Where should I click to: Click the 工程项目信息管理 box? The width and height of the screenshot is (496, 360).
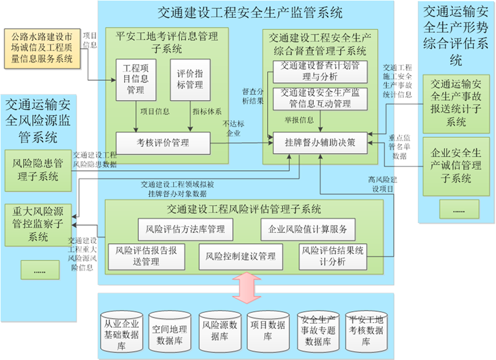(x=136, y=80)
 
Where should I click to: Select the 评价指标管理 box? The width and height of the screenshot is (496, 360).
(x=190, y=80)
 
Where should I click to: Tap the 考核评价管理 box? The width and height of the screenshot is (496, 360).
(x=163, y=143)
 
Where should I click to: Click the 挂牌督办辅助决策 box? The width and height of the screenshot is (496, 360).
(x=320, y=143)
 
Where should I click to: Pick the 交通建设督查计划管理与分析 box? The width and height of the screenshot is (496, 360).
(x=320, y=72)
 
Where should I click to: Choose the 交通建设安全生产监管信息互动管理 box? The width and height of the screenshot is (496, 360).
(x=320, y=99)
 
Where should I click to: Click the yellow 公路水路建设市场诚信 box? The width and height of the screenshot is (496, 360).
(x=42, y=48)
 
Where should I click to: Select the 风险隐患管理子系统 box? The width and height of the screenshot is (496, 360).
(x=38, y=170)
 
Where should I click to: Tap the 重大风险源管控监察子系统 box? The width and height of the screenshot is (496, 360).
(x=38, y=225)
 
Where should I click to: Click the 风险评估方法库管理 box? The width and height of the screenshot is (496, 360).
(x=186, y=229)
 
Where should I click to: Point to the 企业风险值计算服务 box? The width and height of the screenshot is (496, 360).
(x=308, y=229)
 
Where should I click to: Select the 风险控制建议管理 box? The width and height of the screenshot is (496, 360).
(x=240, y=256)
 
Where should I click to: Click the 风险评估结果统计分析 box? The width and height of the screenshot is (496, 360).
(x=333, y=256)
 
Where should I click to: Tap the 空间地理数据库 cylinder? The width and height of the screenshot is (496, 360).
(x=170, y=331)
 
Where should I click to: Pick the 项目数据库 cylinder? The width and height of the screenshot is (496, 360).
(x=268, y=331)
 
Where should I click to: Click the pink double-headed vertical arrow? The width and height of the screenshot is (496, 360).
(x=247, y=288)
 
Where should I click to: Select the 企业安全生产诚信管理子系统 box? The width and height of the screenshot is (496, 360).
(x=456, y=166)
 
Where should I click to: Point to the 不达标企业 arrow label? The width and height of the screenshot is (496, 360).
(x=233, y=128)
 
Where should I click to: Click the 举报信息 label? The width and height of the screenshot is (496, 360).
(x=299, y=120)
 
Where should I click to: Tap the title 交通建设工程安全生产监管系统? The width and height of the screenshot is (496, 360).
(x=250, y=13)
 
